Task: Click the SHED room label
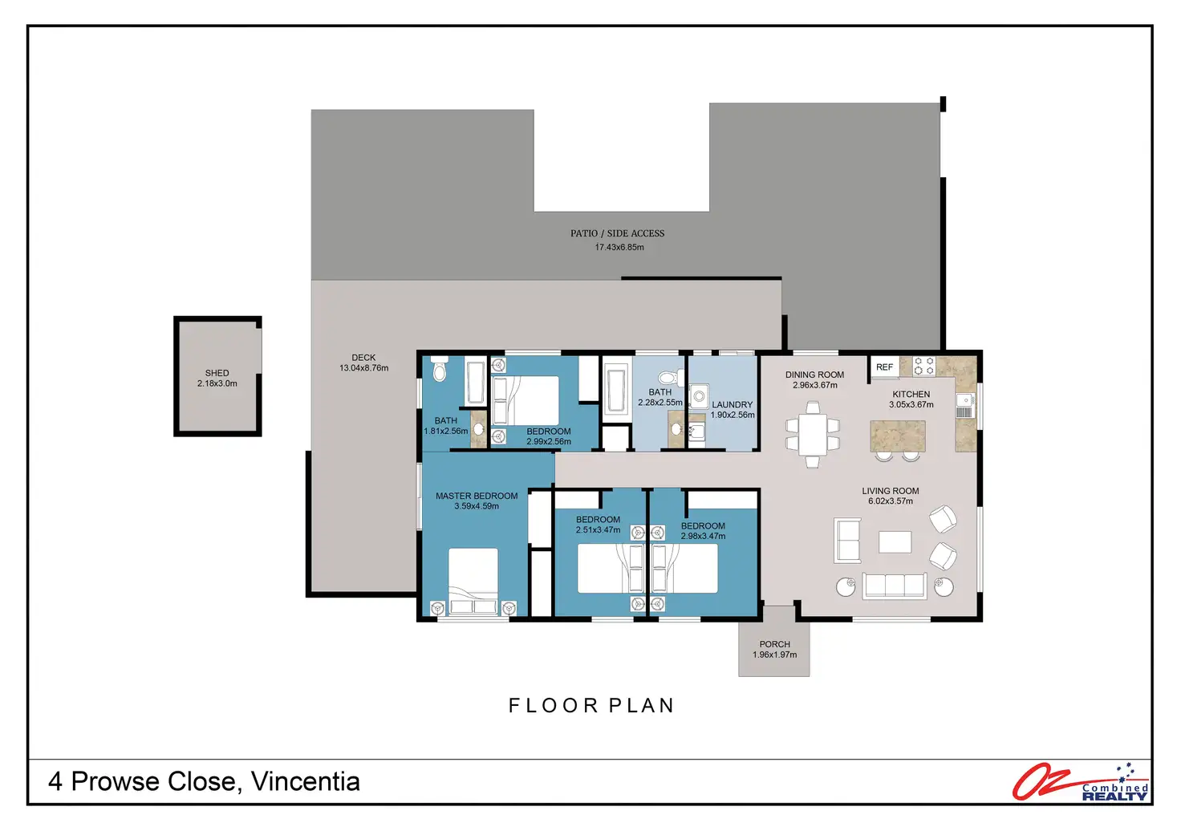tap(217, 373)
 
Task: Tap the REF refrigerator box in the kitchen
tap(885, 367)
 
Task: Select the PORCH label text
tap(774, 644)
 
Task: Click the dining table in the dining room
tap(813, 435)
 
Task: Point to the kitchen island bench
tap(898, 436)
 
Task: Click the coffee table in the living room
tap(895, 542)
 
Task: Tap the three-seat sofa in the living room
tap(895, 586)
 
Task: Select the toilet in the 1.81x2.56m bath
tap(439, 368)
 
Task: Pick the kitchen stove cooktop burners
tap(923, 366)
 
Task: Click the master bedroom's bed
tap(473, 582)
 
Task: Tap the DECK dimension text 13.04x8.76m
tap(363, 368)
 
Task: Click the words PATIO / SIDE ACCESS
tap(618, 233)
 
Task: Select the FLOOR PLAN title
tap(591, 705)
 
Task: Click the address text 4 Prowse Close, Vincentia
tap(204, 781)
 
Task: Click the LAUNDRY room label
tap(733, 405)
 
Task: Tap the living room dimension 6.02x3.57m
tap(891, 501)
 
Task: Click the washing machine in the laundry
tap(699, 397)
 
